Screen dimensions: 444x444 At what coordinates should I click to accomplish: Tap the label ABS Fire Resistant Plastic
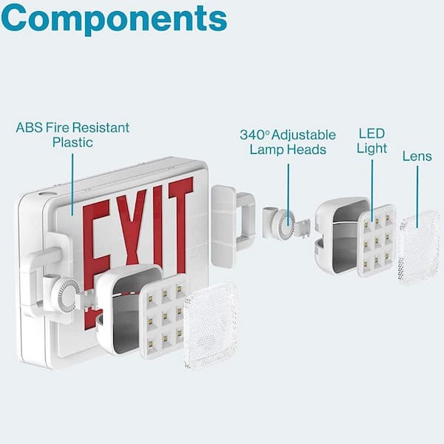point(73,135)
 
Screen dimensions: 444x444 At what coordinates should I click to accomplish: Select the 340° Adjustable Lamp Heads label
point(288,142)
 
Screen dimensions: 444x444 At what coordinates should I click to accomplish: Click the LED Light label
point(372,141)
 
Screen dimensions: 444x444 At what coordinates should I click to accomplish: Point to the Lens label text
point(417,156)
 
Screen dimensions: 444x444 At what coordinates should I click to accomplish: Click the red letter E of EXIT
point(97,244)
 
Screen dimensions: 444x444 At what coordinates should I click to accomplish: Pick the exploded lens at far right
point(418,247)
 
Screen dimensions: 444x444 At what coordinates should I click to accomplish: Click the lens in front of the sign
point(210,326)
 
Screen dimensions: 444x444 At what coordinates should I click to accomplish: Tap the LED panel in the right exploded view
point(376,240)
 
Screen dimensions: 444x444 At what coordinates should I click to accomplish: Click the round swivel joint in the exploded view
point(282,223)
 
